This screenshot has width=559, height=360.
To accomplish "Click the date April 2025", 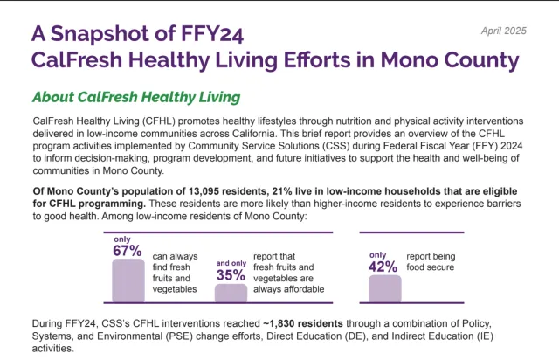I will pos(504,31).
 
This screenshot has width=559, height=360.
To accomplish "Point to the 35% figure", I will pos(230,274).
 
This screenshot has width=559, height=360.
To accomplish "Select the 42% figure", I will pos(383,267).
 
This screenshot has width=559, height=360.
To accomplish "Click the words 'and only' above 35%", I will pos(230,262).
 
